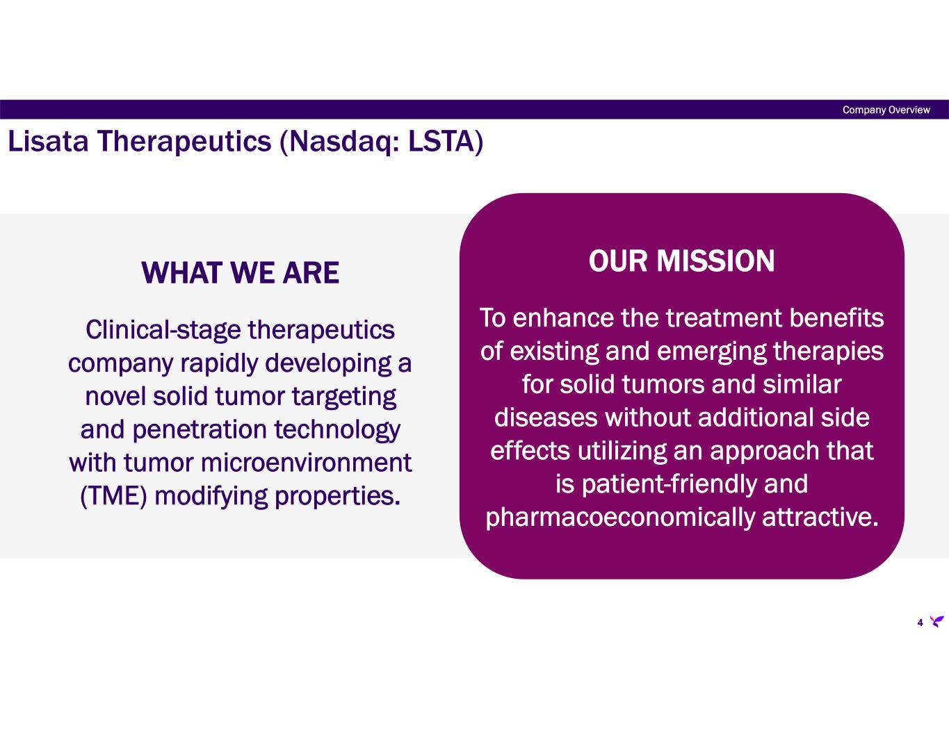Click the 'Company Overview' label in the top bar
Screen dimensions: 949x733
click(886, 110)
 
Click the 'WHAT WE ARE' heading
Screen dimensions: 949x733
click(240, 273)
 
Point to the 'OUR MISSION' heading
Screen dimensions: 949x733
click(681, 261)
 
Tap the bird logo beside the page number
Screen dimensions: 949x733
click(936, 621)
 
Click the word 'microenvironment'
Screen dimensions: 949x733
click(306, 463)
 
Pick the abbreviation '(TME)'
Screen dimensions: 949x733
click(113, 497)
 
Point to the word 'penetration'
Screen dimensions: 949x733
click(200, 431)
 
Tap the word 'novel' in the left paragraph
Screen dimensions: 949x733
click(115, 397)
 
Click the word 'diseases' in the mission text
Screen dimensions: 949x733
click(546, 418)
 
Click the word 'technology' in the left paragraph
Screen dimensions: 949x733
click(337, 431)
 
